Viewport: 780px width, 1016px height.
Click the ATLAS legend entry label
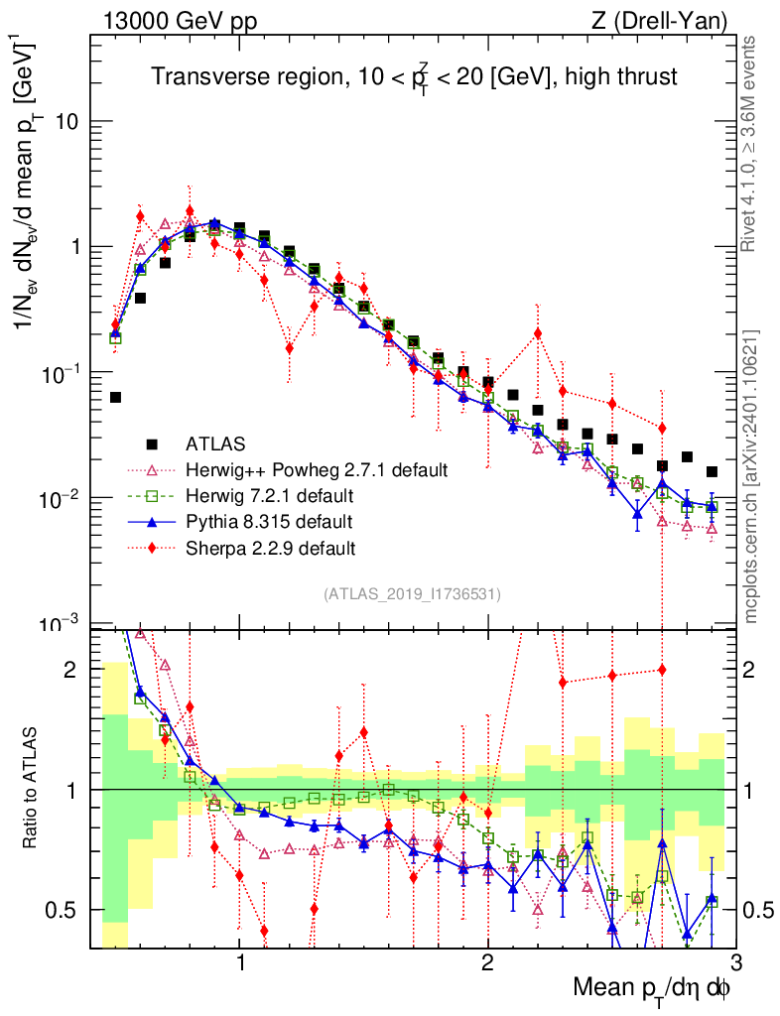[215, 443]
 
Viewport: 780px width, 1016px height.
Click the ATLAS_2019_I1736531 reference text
[412, 594]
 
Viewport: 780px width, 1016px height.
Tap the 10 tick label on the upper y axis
[66, 122]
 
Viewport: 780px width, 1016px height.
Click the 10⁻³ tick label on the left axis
[62, 623]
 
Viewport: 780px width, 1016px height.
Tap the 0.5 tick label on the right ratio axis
[759, 910]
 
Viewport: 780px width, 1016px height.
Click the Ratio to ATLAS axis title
[32, 789]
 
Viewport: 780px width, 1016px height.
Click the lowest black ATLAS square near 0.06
[115, 397]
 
